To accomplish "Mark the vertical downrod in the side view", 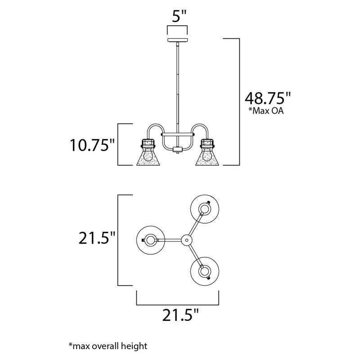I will coord(177,85).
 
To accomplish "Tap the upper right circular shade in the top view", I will coord(205,209).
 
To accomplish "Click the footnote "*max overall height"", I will coord(108,346).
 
